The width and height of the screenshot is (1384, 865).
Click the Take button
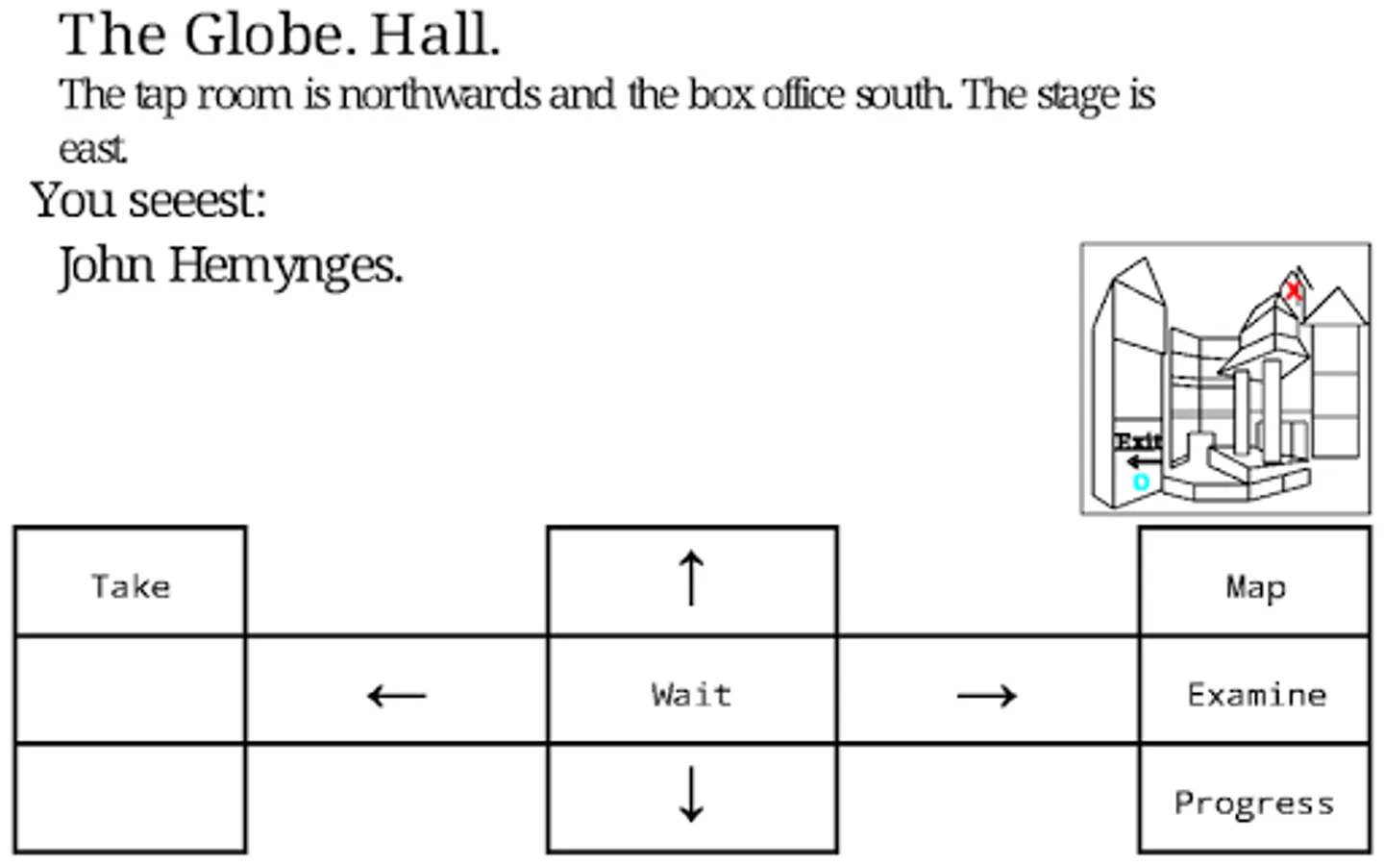(131, 581)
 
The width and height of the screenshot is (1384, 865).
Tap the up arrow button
(692, 581)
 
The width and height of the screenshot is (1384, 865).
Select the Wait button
(692, 689)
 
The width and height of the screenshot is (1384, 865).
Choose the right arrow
(987, 696)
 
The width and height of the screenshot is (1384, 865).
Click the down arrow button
(692, 799)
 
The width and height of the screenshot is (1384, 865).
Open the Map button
(1255, 581)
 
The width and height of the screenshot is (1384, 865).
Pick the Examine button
(1255, 689)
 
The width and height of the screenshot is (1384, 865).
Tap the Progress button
(1255, 799)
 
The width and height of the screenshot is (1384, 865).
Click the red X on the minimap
(1294, 290)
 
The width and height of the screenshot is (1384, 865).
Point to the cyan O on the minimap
(1141, 482)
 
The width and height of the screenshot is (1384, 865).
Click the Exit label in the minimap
(1138, 442)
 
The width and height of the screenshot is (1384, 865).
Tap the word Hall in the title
(435, 36)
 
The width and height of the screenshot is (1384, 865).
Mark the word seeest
(198, 201)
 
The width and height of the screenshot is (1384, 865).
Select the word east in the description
(93, 150)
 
